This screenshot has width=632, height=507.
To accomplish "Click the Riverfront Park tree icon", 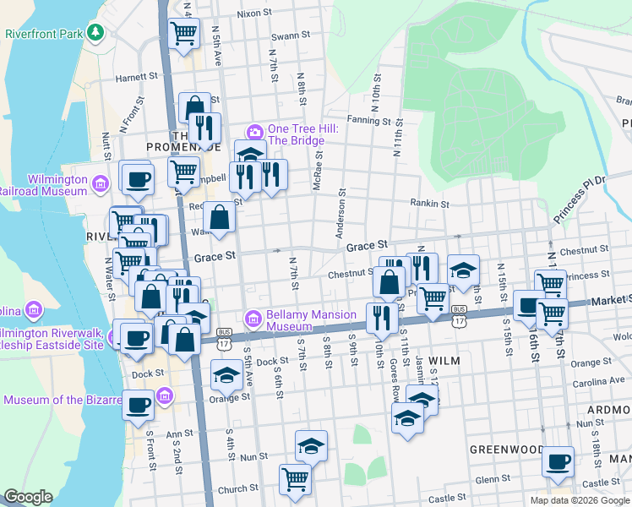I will tap(97, 33).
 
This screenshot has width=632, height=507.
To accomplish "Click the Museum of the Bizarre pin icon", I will tap(165, 395).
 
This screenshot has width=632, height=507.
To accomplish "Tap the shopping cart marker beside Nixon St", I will tap(183, 34).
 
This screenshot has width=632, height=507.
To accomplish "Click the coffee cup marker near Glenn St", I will tap(558, 461).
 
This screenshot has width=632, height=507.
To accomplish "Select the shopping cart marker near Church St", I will tap(295, 478).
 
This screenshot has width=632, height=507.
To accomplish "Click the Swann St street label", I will tap(291, 37).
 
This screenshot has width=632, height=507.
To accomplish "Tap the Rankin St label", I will tap(428, 204).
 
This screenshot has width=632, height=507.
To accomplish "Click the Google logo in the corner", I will tap(28, 497).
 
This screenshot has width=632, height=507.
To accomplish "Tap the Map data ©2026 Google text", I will tap(579, 500).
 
